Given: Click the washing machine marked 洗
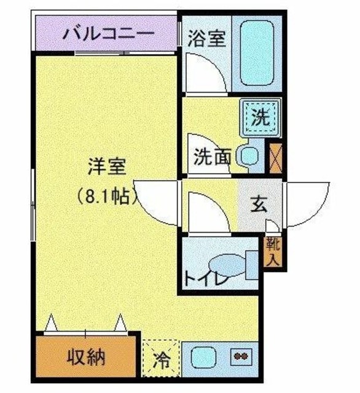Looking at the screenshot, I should (x=261, y=117).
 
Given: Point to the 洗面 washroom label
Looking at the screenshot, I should (x=212, y=157).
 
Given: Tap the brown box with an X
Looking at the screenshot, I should (x=275, y=157).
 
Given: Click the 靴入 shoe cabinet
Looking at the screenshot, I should (x=272, y=251).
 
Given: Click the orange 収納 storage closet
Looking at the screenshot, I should (x=85, y=357).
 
